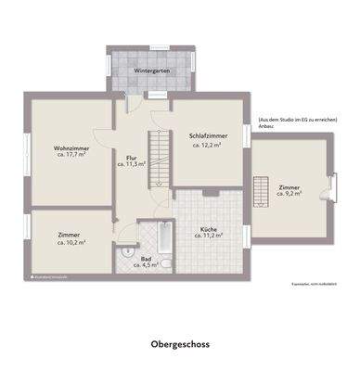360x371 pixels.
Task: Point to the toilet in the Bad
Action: (x=124, y=251)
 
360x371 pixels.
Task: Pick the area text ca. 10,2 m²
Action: (x=70, y=243)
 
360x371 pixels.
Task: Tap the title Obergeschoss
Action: (x=180, y=342)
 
